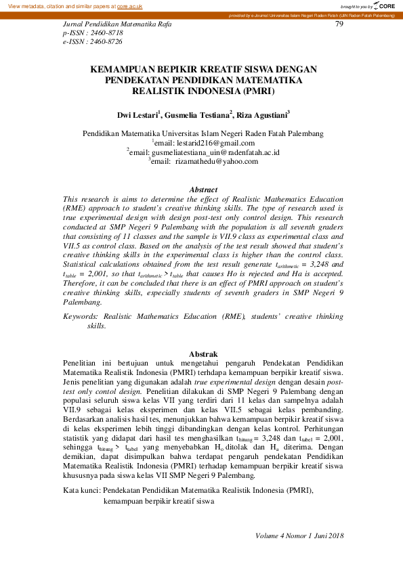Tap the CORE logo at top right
[383, 6]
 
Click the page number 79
[340, 24]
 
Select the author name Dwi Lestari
[137, 116]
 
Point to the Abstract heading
[203, 190]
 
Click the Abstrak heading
[203, 354]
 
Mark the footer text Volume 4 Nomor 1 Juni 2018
[300, 536]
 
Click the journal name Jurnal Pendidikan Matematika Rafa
[116, 24]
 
